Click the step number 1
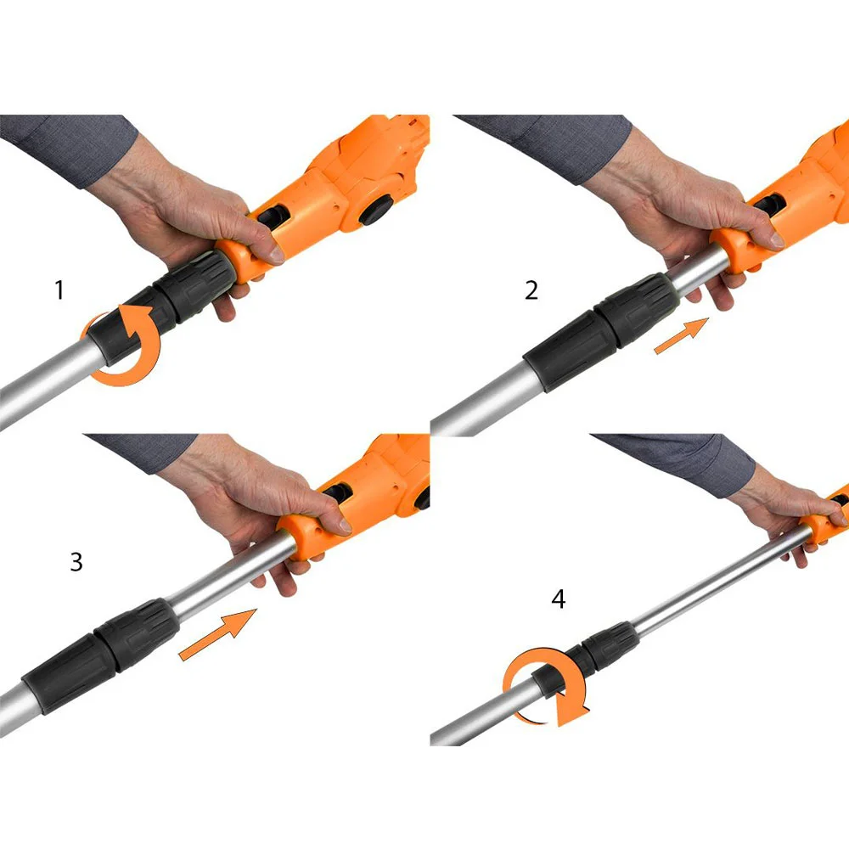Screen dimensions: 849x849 (59, 290)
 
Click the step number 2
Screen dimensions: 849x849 (531, 290)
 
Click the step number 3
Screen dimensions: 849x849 (76, 561)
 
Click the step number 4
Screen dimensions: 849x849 (559, 599)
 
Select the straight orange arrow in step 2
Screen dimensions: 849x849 (682, 336)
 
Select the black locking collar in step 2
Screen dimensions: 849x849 (601, 331)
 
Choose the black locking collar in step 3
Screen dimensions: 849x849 (101, 656)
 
